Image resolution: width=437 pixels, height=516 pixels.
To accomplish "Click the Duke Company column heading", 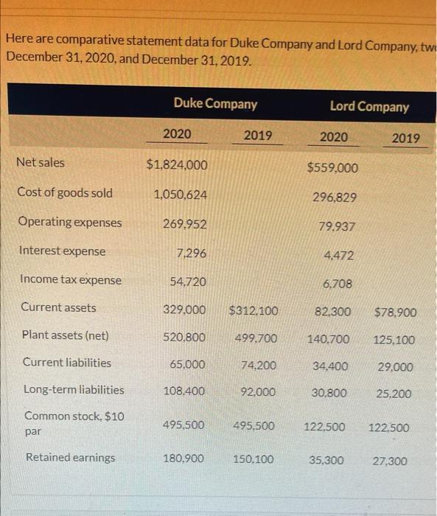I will tap(215, 104).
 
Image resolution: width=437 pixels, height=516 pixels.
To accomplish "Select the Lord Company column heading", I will tap(368, 107).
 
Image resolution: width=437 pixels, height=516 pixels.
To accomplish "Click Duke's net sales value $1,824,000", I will tap(177, 165).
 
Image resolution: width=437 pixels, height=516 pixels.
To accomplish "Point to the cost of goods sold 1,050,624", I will tap(180, 195).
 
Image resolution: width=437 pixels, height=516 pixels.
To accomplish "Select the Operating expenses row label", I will tap(70, 222).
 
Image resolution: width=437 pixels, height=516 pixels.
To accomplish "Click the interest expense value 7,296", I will tap(192, 253).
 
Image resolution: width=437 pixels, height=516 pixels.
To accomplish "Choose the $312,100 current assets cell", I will tap(254, 311).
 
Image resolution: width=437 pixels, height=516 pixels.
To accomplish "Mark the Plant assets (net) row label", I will tap(65, 335).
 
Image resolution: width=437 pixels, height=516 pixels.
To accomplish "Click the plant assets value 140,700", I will tap(329, 339).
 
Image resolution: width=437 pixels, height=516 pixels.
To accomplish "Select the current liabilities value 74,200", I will tap(259, 366).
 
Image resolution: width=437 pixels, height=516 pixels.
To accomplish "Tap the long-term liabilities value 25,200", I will tap(394, 394).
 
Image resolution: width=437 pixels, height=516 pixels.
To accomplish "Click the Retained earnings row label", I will tap(70, 458).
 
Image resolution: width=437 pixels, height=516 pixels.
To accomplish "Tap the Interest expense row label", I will tap(63, 251).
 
